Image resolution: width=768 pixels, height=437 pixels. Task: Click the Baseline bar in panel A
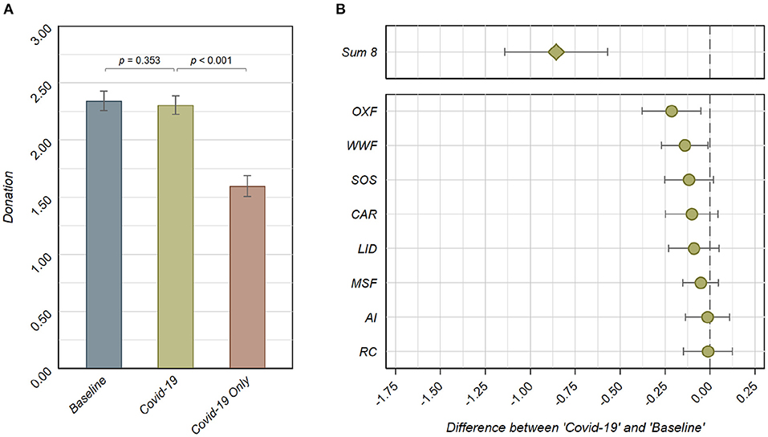(x=104, y=233)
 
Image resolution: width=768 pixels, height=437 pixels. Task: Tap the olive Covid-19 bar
(x=175, y=235)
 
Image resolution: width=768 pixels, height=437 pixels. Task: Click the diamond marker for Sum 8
(x=556, y=52)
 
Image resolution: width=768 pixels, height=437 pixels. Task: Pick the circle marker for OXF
(x=672, y=111)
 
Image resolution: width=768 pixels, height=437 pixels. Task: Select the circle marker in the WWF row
(x=685, y=145)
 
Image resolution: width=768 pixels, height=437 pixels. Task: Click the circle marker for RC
(x=708, y=351)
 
